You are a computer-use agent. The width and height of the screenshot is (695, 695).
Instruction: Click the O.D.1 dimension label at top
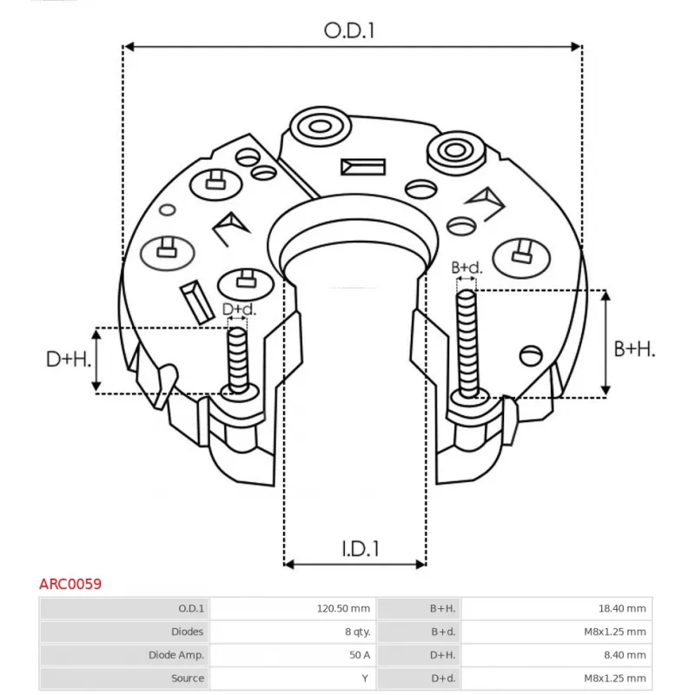tap(348, 30)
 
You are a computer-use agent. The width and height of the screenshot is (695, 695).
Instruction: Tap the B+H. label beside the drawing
tap(634, 349)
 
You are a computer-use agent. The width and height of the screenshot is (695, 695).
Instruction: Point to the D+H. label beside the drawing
tap(69, 359)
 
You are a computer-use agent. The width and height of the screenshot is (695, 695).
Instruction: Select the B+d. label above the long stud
tap(467, 268)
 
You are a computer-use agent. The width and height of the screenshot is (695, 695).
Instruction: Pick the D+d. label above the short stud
tap(239, 309)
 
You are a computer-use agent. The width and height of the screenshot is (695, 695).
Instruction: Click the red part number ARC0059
tap(70, 584)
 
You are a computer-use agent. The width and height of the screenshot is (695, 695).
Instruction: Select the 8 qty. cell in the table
tap(356, 632)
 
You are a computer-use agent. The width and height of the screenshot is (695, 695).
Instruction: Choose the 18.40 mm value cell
tap(624, 608)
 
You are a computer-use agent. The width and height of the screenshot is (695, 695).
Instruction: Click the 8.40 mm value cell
tap(626, 655)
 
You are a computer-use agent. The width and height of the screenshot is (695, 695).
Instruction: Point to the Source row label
tap(188, 678)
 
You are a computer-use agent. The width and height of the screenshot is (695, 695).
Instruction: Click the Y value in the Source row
tap(367, 678)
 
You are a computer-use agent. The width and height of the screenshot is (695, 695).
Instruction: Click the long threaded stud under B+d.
tap(467, 343)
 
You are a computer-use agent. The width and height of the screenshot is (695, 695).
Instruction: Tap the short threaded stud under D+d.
tap(237, 361)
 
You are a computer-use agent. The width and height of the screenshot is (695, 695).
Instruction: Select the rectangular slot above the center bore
tap(362, 166)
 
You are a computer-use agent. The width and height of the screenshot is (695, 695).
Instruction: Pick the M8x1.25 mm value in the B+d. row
tap(612, 632)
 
